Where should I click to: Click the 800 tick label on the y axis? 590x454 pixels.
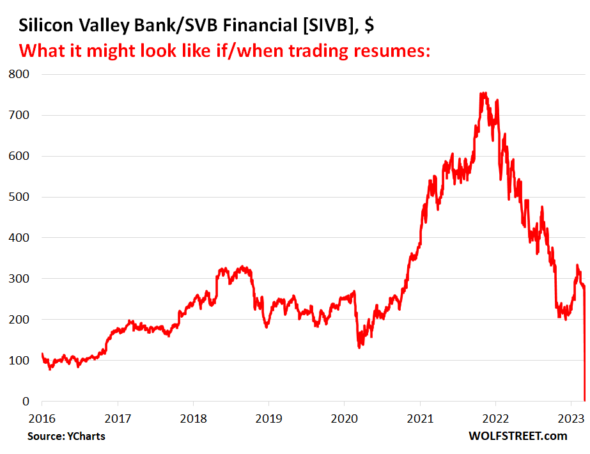coord(20,74)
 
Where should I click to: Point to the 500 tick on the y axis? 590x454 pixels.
coord(20,197)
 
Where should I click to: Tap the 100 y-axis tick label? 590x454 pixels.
coord(20,361)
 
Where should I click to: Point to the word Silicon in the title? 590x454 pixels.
coord(43,26)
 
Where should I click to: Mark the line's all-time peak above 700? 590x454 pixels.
coord(483,93)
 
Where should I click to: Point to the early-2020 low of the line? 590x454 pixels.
coord(359,347)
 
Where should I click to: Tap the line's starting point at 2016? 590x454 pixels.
coord(42,354)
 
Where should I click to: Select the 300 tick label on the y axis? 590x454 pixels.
coord(20,279)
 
